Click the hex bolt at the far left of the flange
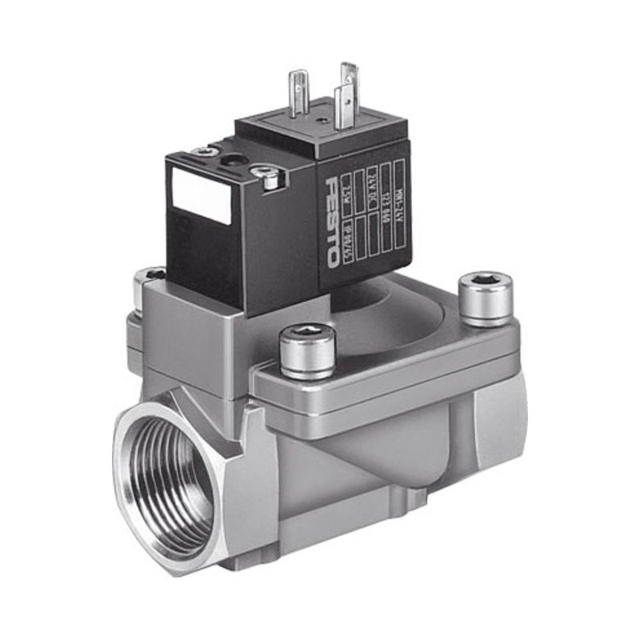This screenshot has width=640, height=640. (148, 282)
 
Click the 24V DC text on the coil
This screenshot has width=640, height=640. (372, 192)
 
